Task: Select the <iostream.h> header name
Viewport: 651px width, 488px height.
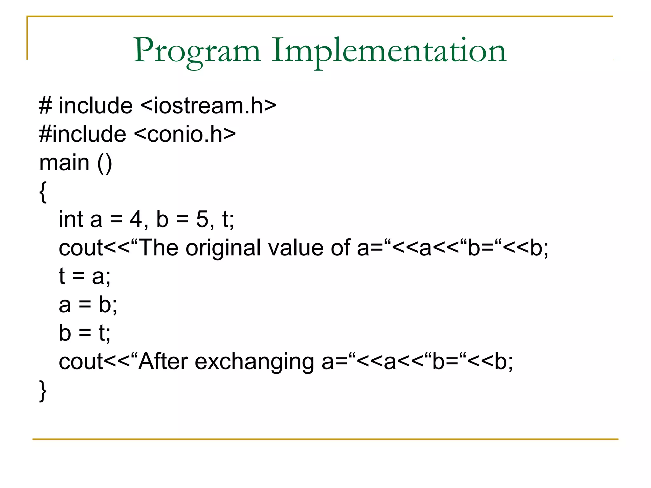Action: coord(208,105)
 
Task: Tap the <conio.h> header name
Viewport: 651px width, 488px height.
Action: coord(185,134)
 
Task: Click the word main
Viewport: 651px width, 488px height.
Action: coord(64,163)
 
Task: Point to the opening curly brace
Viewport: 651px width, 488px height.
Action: coord(43,192)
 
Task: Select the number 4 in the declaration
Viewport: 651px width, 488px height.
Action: coord(136,219)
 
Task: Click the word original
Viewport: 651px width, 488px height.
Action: coord(223,248)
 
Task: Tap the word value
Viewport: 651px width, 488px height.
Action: coord(296,247)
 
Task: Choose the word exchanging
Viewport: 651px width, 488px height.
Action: coord(254,362)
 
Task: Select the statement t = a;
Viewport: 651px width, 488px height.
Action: coord(85,276)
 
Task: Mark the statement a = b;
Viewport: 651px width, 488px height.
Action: coord(88,304)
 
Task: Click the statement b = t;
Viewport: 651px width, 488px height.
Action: coord(85,333)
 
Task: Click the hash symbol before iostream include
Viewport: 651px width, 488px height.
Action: coord(45,106)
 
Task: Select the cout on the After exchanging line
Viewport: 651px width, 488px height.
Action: coord(81,362)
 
